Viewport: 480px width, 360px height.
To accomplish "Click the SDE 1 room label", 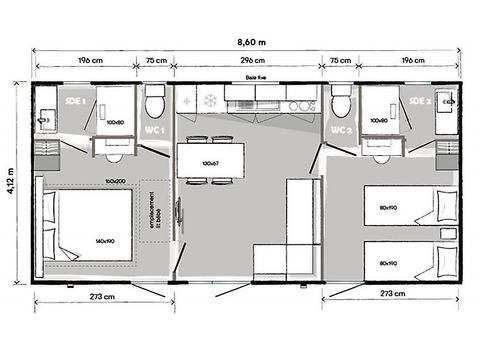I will click(x=75, y=100).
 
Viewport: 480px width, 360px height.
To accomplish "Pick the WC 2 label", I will click(x=340, y=130).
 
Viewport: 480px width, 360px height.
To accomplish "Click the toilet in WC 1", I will click(x=153, y=103).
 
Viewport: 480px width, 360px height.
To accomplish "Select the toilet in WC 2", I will click(x=340, y=103).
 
